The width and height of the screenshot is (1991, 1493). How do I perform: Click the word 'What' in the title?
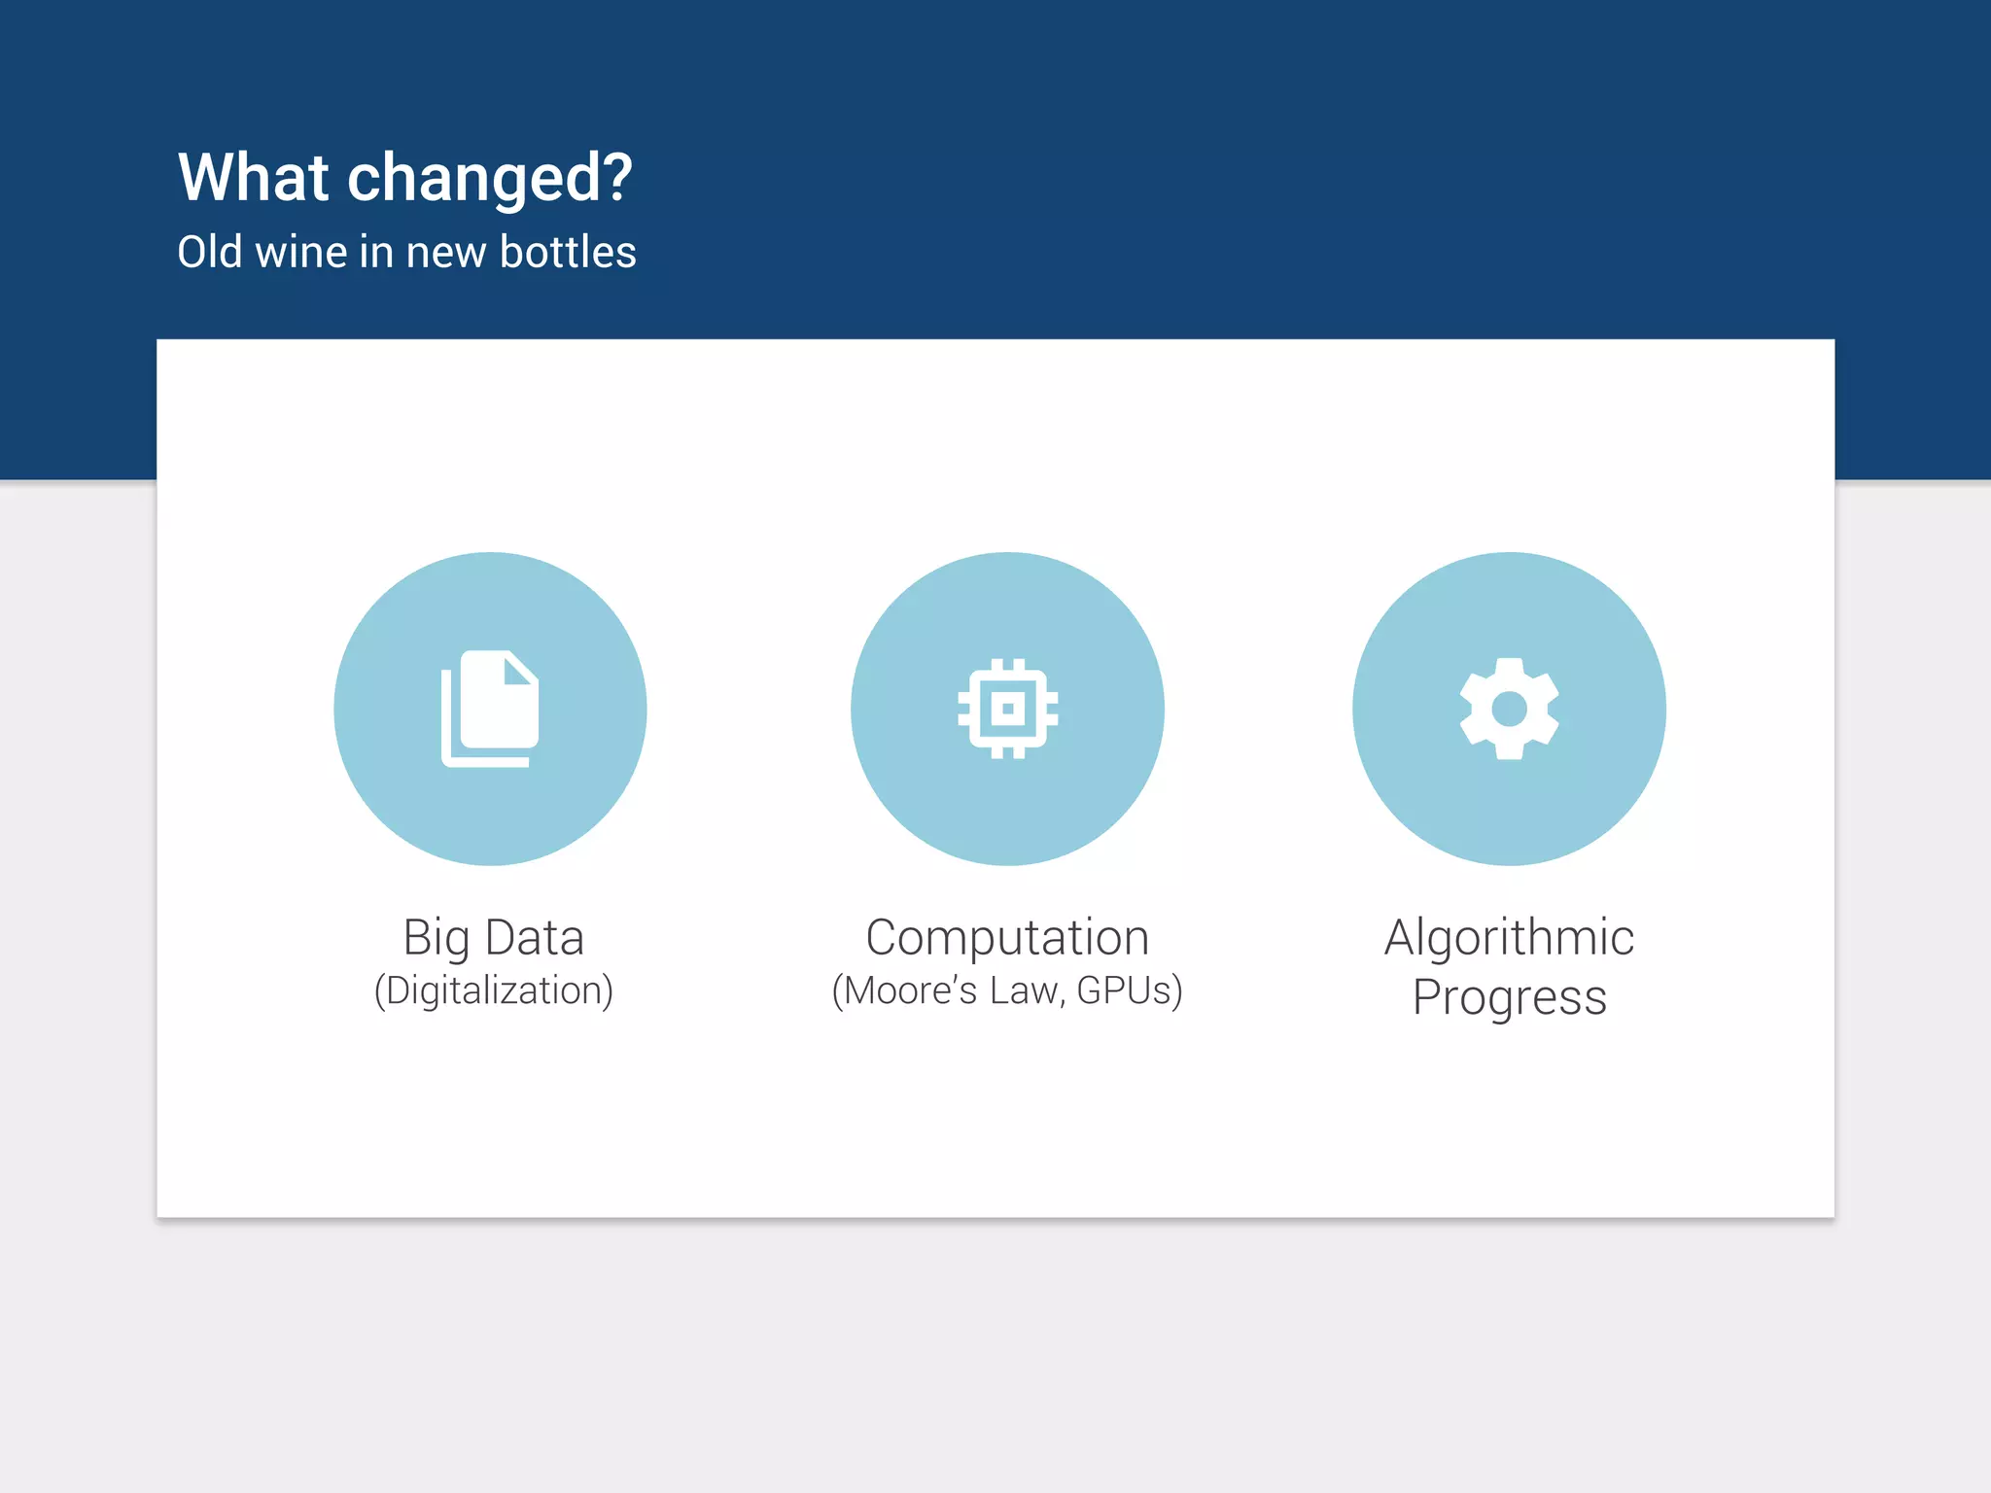pos(254,178)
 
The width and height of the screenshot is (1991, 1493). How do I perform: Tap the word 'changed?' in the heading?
pos(490,180)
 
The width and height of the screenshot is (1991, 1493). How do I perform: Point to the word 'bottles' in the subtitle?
pos(568,252)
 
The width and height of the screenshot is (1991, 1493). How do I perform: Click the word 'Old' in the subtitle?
pos(210,252)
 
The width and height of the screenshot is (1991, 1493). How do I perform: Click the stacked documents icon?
pos(490,708)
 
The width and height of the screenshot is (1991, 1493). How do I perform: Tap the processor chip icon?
pos(1007,709)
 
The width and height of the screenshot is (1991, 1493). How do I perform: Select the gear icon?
pos(1509,709)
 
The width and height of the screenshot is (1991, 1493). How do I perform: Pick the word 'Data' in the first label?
pos(534,938)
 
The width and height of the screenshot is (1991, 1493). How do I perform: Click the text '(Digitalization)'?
pos(494,990)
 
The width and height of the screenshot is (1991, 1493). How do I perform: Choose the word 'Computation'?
pos(1007,939)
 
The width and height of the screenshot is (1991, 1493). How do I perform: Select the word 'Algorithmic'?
pos(1509,939)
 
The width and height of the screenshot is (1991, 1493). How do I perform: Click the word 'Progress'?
pos(1509,998)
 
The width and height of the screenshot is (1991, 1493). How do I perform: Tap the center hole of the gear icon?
pos(1509,709)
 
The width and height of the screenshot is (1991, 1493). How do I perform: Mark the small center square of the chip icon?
pos(1007,709)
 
